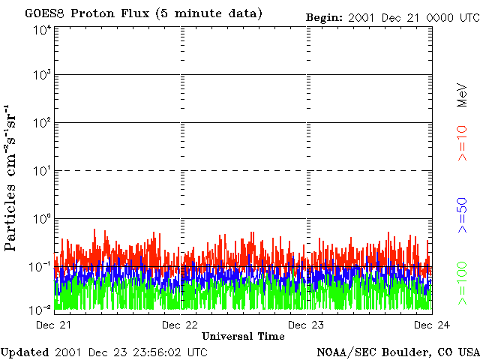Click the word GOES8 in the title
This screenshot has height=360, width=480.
tap(43, 14)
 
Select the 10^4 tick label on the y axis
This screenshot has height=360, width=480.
tap(41, 29)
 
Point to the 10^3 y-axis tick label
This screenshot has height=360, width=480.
tap(41, 76)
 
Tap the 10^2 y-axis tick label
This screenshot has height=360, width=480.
tap(41, 123)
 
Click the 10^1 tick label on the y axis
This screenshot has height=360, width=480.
tap(41, 171)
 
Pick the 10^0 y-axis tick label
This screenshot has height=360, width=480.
tap(41, 219)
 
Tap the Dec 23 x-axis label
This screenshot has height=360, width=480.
tap(307, 324)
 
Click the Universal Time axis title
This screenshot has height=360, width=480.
tap(243, 336)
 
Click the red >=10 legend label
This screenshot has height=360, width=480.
tap(463, 143)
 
